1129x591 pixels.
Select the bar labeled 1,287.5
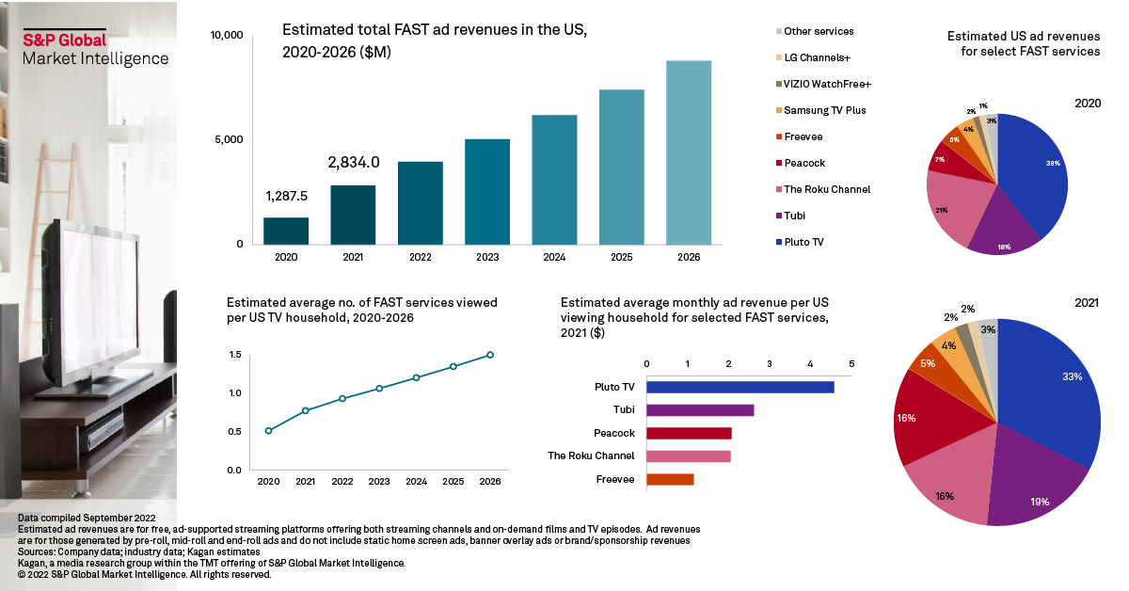pyautogui.click(x=286, y=231)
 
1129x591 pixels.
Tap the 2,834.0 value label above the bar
pyautogui.click(x=354, y=162)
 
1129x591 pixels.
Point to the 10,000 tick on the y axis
pyautogui.click(x=227, y=36)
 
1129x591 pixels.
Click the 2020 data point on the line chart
pyautogui.click(x=269, y=431)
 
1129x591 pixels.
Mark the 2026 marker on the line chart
pyautogui.click(x=490, y=355)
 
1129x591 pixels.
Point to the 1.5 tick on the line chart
pyautogui.click(x=235, y=355)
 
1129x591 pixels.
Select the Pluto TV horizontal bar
pyautogui.click(x=739, y=387)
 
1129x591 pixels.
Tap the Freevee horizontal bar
pyautogui.click(x=670, y=479)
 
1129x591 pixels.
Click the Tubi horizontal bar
pyautogui.click(x=700, y=410)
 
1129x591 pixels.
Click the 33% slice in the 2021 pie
pyautogui.click(x=1054, y=386)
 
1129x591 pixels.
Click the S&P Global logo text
pyautogui.click(x=65, y=40)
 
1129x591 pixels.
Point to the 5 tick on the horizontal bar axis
pyautogui.click(x=851, y=363)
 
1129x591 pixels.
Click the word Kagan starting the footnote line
pyautogui.click(x=35, y=563)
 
